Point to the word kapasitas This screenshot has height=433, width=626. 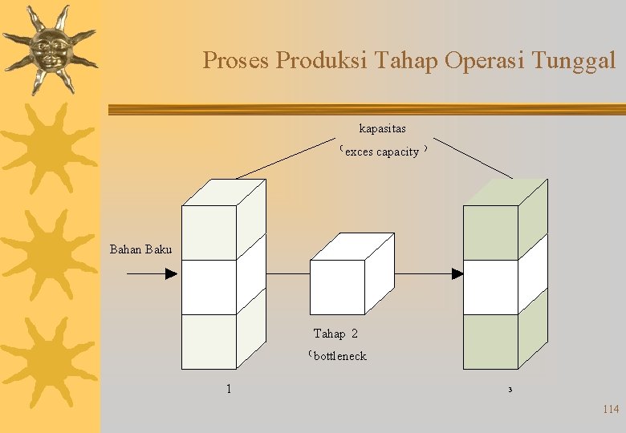click(382, 128)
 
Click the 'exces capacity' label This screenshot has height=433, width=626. click(382, 152)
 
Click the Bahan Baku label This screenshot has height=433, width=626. click(140, 249)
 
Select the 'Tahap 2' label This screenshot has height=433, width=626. click(335, 334)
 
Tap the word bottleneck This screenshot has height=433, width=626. click(339, 356)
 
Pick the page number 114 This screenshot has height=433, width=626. click(610, 410)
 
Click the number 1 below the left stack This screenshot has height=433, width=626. click(229, 389)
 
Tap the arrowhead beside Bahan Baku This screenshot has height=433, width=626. click(171, 273)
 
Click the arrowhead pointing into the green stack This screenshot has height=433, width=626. click(457, 273)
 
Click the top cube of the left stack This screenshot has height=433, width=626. click(209, 232)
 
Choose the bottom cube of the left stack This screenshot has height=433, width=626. click(209, 341)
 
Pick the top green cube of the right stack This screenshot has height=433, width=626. click(491, 232)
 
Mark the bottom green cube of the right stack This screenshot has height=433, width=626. click(491, 341)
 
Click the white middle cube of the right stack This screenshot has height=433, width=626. click(491, 287)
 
